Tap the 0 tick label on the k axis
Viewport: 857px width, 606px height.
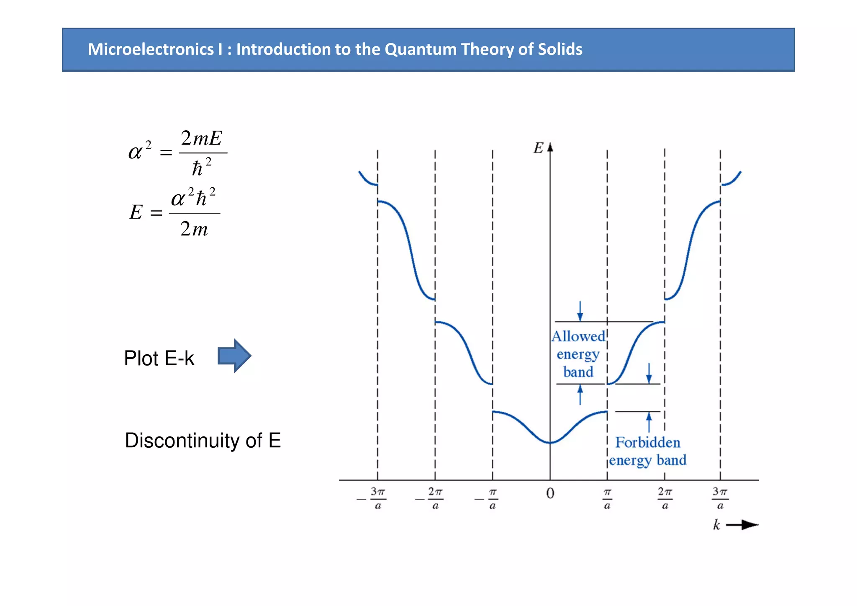coord(550,493)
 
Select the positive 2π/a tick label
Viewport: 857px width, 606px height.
coord(665,498)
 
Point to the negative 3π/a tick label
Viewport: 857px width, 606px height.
coord(374,498)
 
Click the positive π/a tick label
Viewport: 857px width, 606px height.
coord(607,498)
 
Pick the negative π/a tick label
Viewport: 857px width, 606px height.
coord(489,498)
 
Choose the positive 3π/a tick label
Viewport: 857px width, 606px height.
coord(720,498)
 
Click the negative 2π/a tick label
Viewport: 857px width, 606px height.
coord(431,498)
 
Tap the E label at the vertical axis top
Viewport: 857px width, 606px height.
coord(538,148)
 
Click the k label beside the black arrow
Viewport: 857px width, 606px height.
coord(716,525)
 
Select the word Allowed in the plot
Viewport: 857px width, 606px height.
coord(578,336)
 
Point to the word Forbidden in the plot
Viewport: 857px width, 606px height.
coord(647,442)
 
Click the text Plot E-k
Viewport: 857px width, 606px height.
coord(159,358)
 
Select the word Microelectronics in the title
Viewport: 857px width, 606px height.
coord(151,49)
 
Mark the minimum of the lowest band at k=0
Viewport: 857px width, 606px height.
coord(550,443)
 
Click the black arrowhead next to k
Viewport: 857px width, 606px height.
coord(749,525)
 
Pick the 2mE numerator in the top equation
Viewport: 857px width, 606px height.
coord(201,138)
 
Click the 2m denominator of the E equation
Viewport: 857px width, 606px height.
coord(194,229)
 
